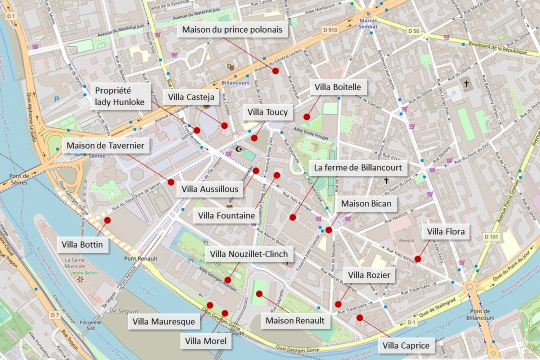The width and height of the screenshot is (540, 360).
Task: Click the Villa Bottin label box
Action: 82,244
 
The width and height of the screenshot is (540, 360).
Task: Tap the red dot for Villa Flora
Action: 417,259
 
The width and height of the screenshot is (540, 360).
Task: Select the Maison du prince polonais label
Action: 232,30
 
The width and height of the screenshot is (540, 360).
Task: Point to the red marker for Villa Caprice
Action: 359,317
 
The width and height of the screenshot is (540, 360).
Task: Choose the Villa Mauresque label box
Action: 164,321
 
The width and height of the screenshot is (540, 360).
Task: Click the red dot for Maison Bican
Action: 328,230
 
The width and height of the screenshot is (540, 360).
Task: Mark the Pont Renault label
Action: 140,258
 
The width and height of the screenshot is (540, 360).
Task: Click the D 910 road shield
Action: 330,30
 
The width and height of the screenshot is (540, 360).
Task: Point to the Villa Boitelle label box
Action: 337,87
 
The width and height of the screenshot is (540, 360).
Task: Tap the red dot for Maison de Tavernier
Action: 171,182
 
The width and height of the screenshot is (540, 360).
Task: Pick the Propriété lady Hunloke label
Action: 119,96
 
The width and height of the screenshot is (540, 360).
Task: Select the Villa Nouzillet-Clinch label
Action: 249,254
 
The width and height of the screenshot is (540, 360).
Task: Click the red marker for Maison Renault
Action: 259,293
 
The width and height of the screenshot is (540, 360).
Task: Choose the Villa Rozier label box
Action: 369,274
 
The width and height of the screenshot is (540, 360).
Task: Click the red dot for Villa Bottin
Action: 107,220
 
